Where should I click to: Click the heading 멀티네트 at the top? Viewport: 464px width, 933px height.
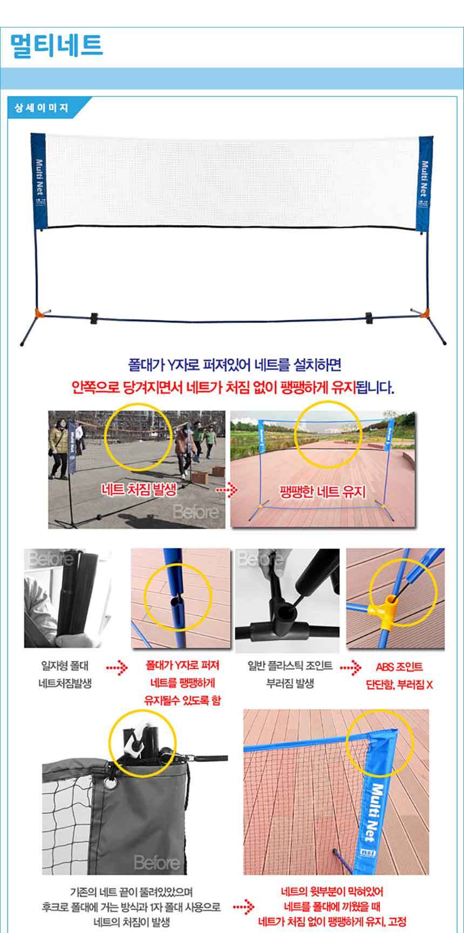coord(56,45)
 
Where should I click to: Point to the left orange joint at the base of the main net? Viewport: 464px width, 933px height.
coord(39,313)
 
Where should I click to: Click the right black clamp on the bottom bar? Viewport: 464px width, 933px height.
coord(371,318)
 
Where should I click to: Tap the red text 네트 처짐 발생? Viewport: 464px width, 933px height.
coord(139,490)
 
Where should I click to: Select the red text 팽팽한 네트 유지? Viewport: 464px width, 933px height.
coord(323,491)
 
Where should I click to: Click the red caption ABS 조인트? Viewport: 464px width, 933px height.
coord(399,667)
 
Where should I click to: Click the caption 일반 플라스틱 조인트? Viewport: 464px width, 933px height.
coord(290,666)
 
